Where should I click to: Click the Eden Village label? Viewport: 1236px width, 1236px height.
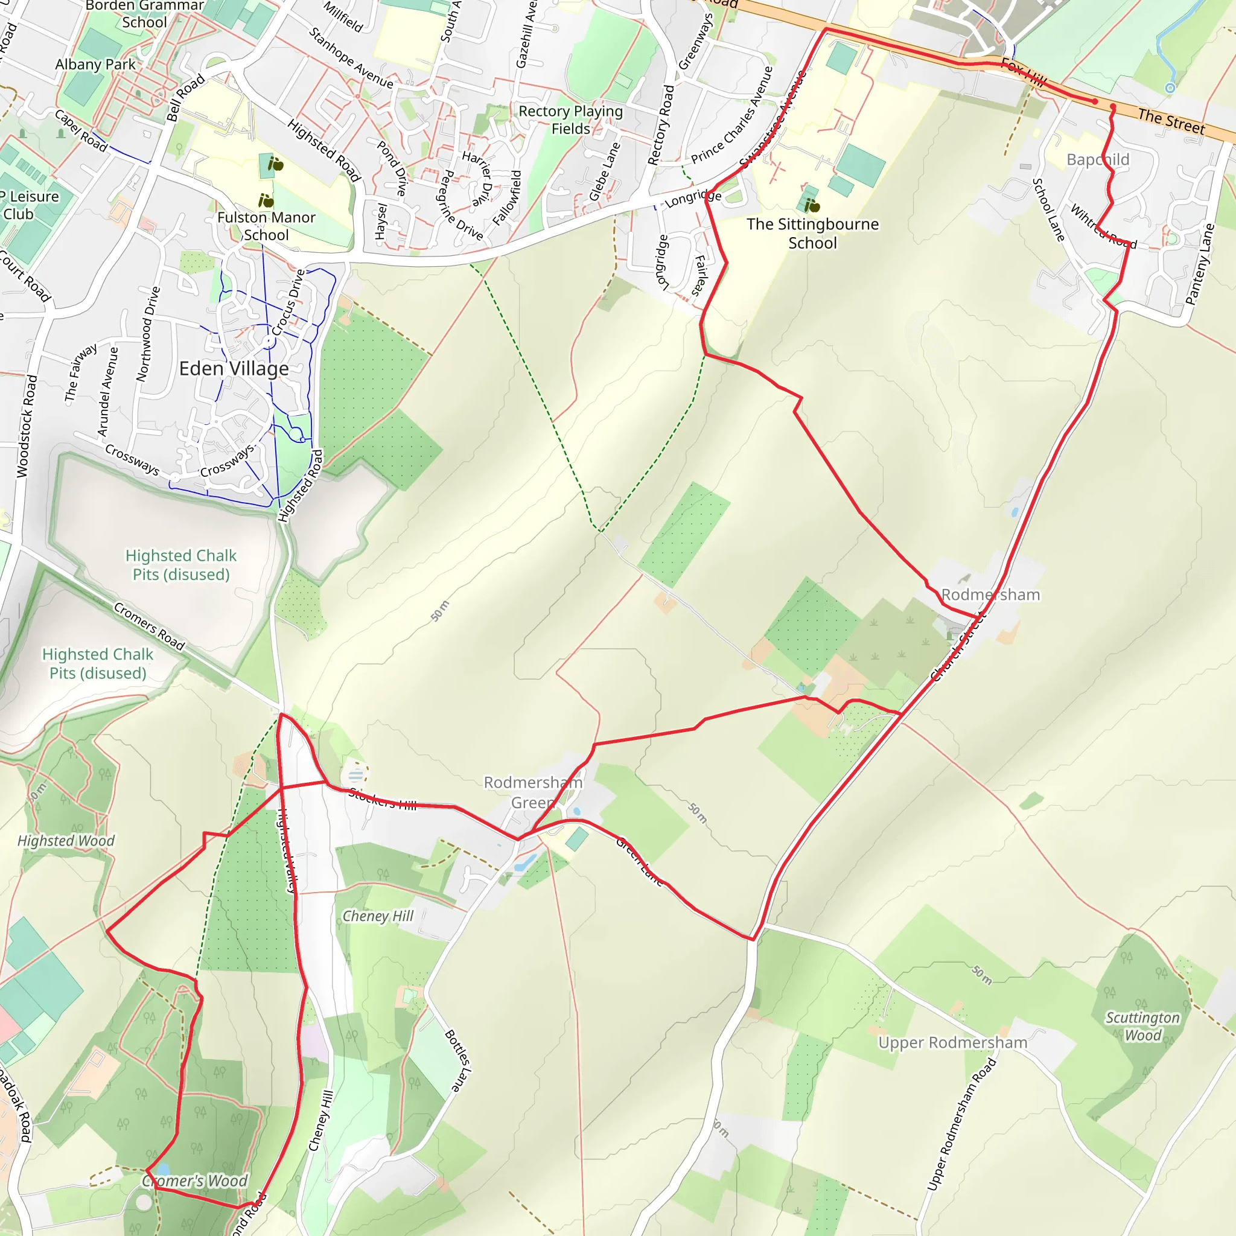click(234, 369)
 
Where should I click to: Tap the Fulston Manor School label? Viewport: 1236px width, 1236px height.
click(266, 226)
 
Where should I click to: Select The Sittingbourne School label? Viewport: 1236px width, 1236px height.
click(812, 234)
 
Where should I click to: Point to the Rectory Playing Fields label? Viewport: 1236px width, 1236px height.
click(571, 120)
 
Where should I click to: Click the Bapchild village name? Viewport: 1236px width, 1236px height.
click(1098, 160)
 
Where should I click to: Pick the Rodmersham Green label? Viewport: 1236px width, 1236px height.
click(533, 792)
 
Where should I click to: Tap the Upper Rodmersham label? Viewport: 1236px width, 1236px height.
click(952, 1043)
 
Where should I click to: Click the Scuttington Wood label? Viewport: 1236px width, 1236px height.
click(1142, 1026)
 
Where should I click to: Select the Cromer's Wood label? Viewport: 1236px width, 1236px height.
click(195, 1181)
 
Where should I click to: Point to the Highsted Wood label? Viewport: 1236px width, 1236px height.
click(66, 841)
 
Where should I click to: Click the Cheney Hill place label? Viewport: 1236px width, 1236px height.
click(378, 916)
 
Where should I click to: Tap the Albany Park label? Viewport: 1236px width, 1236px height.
click(95, 65)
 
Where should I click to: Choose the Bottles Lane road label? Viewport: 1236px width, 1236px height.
click(458, 1060)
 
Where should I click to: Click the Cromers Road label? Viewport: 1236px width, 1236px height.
click(149, 626)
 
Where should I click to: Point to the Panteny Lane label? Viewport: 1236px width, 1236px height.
click(1200, 264)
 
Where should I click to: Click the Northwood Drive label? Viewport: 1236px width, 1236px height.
click(148, 334)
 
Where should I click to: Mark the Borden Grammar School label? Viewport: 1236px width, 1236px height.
click(145, 14)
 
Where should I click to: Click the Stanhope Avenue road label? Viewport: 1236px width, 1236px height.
click(351, 57)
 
